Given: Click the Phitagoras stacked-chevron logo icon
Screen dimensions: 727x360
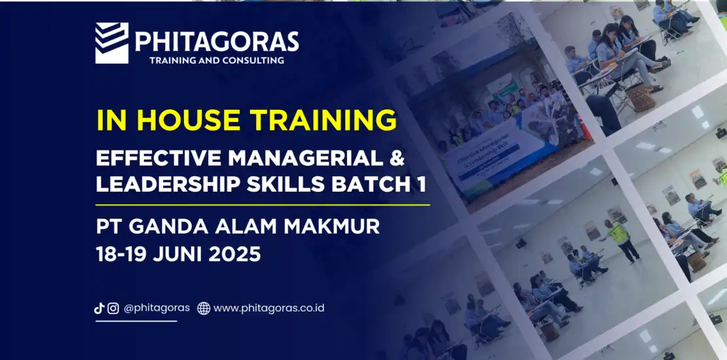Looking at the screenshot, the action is (112, 43).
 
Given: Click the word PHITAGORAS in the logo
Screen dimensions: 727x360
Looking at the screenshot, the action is (217, 41).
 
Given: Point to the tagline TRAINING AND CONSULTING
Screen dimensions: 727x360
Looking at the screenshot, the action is (217, 60).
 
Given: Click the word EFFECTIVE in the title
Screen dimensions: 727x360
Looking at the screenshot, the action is (158, 158).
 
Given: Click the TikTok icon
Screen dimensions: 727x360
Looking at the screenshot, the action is (99, 308).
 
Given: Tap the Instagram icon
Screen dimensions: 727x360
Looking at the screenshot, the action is (113, 308).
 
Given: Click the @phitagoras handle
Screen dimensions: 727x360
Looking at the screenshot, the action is (157, 308).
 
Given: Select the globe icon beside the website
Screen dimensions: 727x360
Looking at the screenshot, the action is (204, 308).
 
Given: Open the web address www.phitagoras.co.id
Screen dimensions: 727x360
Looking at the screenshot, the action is (269, 308).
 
